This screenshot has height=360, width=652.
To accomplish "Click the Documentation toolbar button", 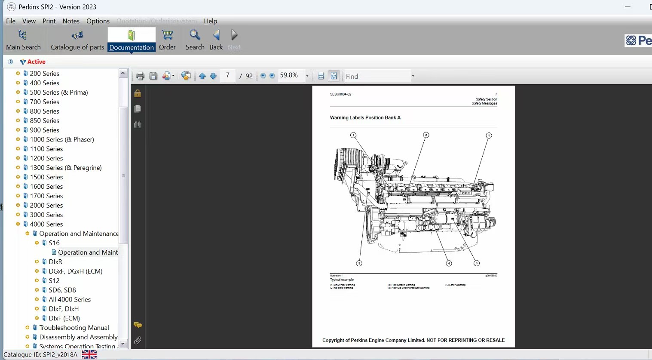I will (131, 40).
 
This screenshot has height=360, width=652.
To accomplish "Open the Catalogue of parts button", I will (77, 40).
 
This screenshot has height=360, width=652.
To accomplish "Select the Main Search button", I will (23, 40).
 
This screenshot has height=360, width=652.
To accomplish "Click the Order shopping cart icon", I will (167, 35).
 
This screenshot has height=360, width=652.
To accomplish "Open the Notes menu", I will (71, 21).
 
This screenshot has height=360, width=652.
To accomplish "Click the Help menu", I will (210, 21).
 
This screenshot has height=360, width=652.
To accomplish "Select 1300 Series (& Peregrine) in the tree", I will (66, 168).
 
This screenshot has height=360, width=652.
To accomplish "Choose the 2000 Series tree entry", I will (46, 205).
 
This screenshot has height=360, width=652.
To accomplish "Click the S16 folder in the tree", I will (54, 243).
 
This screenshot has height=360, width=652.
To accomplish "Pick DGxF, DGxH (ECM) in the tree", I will (76, 271).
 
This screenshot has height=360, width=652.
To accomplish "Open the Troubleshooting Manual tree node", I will (74, 328).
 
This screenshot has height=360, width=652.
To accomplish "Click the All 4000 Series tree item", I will (70, 299).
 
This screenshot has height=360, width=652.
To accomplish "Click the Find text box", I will (377, 76).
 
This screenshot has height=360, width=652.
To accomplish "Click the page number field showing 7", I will (228, 76).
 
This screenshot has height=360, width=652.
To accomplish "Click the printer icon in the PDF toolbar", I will (140, 76).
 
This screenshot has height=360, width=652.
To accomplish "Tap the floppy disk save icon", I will (153, 76).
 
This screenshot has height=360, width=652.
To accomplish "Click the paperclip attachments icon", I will (138, 341).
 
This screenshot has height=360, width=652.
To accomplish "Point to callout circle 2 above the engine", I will (426, 135).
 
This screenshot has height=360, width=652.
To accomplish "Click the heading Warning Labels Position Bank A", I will (365, 117).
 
